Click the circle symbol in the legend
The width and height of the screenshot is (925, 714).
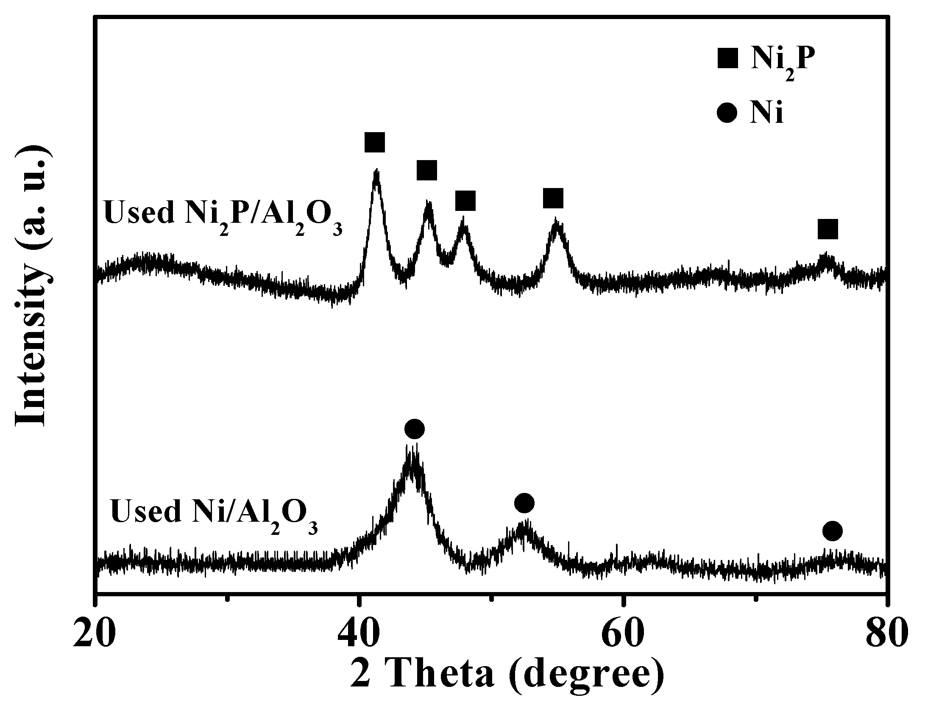click(728, 113)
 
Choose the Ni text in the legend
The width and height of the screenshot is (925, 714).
click(766, 113)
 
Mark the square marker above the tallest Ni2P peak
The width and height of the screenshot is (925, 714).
click(375, 142)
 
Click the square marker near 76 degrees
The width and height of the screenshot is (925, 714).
click(828, 230)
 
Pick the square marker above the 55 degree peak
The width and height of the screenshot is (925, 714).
click(553, 198)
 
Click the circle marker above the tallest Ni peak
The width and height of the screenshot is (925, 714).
click(414, 429)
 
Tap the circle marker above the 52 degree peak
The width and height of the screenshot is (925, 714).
click(524, 503)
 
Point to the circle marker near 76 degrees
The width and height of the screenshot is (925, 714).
click(832, 531)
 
